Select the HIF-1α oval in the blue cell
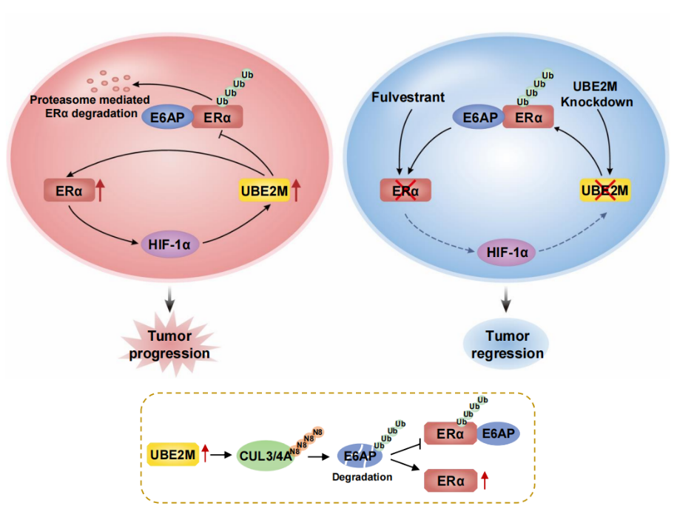(508, 253)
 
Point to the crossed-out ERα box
(405, 191)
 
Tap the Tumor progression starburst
(169, 345)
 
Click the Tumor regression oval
(507, 345)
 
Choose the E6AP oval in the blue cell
(478, 117)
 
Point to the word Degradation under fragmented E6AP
(363, 477)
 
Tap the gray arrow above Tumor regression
(507, 297)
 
